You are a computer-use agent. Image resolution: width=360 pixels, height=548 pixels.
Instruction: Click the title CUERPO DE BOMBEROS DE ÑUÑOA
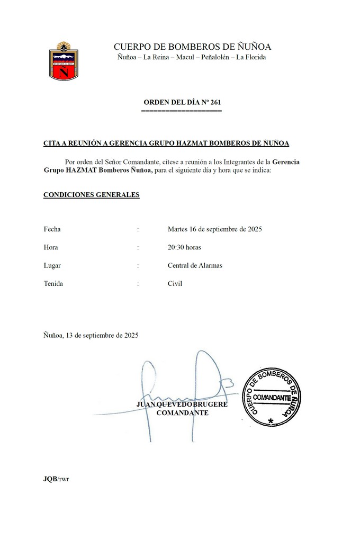(x=192, y=47)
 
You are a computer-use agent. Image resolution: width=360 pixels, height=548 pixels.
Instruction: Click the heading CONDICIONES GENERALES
(x=91, y=195)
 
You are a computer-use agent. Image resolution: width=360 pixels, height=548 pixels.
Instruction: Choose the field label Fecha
(x=52, y=229)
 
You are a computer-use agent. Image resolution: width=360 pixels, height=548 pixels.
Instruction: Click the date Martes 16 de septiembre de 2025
(x=215, y=229)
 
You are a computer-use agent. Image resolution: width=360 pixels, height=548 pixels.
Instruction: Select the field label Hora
(x=51, y=247)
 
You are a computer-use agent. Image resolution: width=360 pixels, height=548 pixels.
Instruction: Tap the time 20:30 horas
(x=184, y=247)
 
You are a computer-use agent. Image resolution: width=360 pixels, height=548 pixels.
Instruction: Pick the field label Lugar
(x=52, y=265)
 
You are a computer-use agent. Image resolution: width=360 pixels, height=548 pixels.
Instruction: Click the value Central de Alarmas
(x=195, y=265)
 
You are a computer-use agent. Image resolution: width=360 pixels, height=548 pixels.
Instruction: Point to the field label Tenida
(x=53, y=283)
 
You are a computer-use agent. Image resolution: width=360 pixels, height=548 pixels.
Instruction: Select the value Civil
(x=175, y=283)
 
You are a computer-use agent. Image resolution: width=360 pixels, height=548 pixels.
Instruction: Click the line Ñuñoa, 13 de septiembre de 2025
(x=91, y=335)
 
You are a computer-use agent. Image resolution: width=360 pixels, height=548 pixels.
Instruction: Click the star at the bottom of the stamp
(x=271, y=421)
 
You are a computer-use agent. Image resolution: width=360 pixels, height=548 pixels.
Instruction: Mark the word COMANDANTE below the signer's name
(x=182, y=413)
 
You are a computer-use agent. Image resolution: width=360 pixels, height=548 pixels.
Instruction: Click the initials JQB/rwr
(x=56, y=479)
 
